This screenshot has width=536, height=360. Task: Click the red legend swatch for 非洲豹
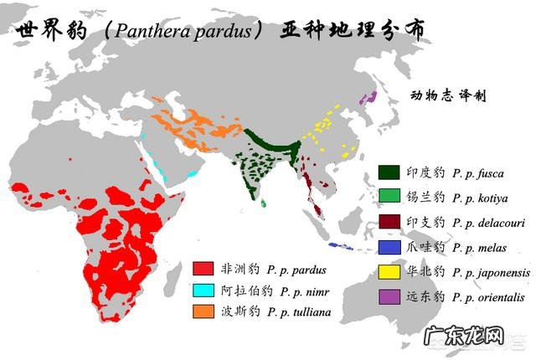[x=202, y=269]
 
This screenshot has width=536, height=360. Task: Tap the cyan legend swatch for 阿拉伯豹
[x=202, y=291]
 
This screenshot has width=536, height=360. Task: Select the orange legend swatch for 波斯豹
[x=202, y=312]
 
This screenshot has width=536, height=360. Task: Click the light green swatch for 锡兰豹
[x=389, y=198]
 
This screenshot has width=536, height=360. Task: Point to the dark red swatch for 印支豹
[x=389, y=223]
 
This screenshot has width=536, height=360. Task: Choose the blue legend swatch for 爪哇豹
[x=389, y=247]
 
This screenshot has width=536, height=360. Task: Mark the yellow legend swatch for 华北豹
[x=389, y=271]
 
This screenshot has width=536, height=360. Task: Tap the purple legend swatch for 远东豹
[x=389, y=296]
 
